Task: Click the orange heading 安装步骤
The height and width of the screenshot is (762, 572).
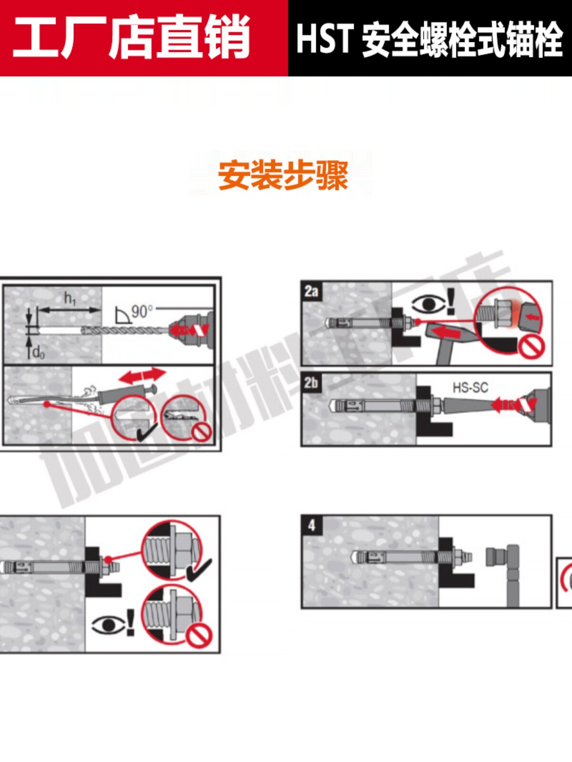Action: pyautogui.click(x=283, y=175)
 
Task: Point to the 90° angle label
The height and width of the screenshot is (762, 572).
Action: pyautogui.click(x=142, y=311)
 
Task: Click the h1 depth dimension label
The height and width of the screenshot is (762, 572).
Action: pyautogui.click(x=70, y=299)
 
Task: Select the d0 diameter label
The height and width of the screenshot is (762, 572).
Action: pyautogui.click(x=38, y=353)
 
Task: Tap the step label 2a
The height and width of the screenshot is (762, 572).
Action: pyautogui.click(x=311, y=291)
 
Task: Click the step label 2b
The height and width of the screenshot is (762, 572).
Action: pyautogui.click(x=311, y=383)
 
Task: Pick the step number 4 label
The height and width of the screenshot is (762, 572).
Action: pyautogui.click(x=311, y=525)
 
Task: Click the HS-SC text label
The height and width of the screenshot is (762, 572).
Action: pyautogui.click(x=470, y=388)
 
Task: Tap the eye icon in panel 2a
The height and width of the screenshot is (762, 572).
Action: pyautogui.click(x=429, y=304)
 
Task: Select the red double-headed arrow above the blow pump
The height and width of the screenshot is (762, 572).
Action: pyautogui.click(x=142, y=376)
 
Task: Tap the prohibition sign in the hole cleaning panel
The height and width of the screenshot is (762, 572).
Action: pyautogui.click(x=201, y=432)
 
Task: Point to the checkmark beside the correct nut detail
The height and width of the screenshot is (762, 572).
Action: pyautogui.click(x=199, y=570)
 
